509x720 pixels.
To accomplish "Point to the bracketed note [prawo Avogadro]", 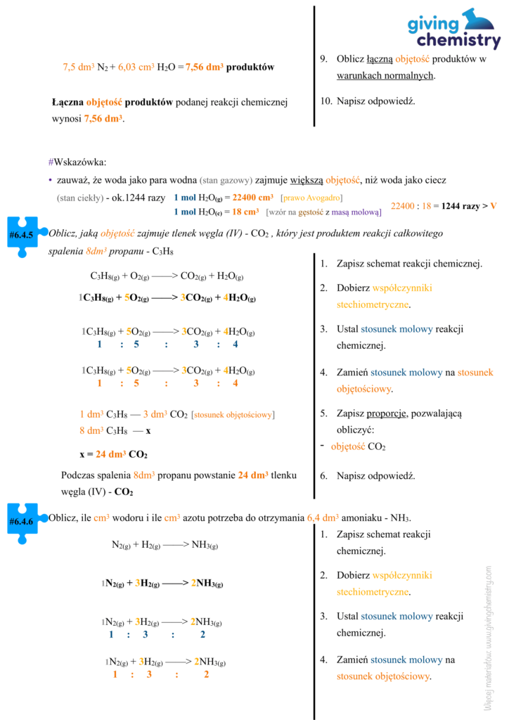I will (311, 198).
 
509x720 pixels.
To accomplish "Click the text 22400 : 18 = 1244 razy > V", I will (444, 205).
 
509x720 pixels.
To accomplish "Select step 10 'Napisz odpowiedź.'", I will (368, 101).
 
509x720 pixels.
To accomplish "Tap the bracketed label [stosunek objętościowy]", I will (233, 415).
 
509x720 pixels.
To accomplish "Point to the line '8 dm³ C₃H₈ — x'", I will (115, 430).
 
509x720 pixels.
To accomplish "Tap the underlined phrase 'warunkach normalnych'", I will (385, 75).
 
